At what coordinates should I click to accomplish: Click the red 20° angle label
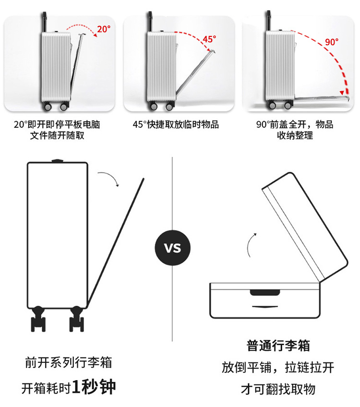tap(104, 29)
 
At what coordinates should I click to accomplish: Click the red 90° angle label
tap(331, 42)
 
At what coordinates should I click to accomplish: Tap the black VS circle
tap(173, 248)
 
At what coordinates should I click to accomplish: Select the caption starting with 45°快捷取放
tap(176, 124)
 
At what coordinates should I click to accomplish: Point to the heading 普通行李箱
tap(278, 345)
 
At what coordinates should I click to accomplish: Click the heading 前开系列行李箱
tap(68, 362)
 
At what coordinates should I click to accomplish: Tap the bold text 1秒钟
tap(94, 386)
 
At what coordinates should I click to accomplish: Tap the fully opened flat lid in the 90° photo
tap(319, 99)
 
